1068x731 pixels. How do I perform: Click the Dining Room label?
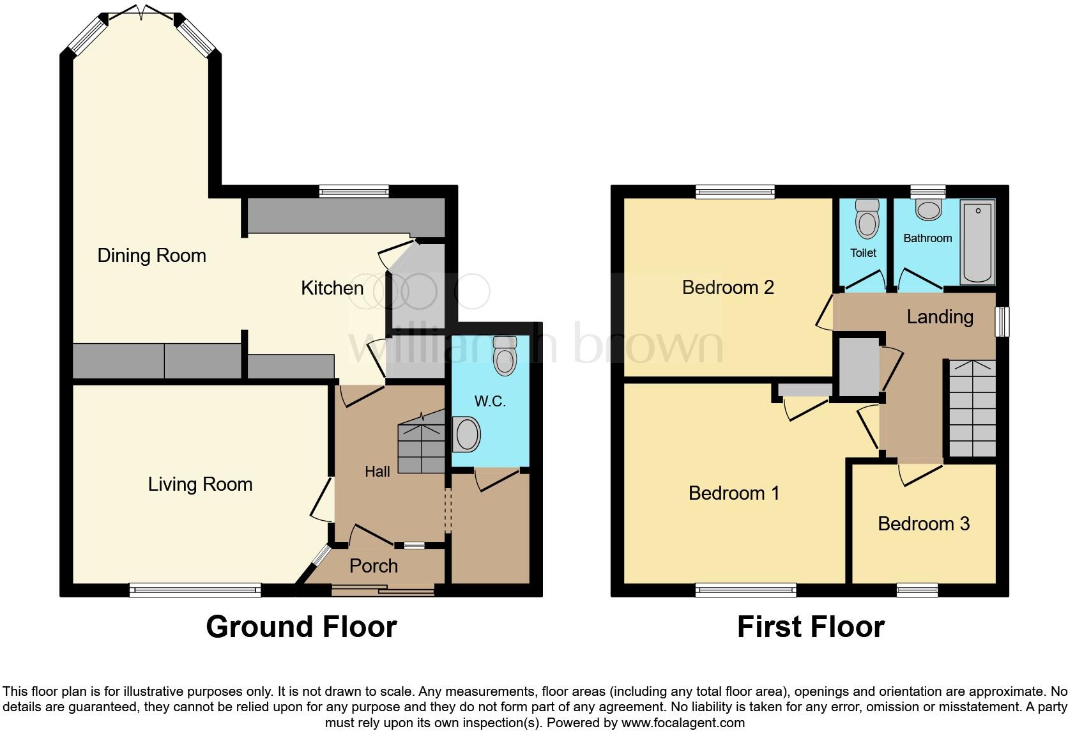(x=151, y=256)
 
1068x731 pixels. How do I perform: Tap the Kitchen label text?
(x=332, y=288)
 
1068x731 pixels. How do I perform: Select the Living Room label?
(x=200, y=484)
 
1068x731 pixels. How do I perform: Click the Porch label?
(x=374, y=566)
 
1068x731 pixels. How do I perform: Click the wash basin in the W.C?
(x=466, y=435)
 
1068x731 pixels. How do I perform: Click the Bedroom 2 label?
(x=728, y=288)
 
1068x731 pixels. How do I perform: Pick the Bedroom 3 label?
(x=923, y=524)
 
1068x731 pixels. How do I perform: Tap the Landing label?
(x=940, y=317)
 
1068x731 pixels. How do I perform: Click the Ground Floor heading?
(x=301, y=627)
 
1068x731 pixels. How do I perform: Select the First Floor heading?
(x=811, y=627)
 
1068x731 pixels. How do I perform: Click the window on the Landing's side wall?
(x=1004, y=321)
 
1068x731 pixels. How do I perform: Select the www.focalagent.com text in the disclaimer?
(x=683, y=723)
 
